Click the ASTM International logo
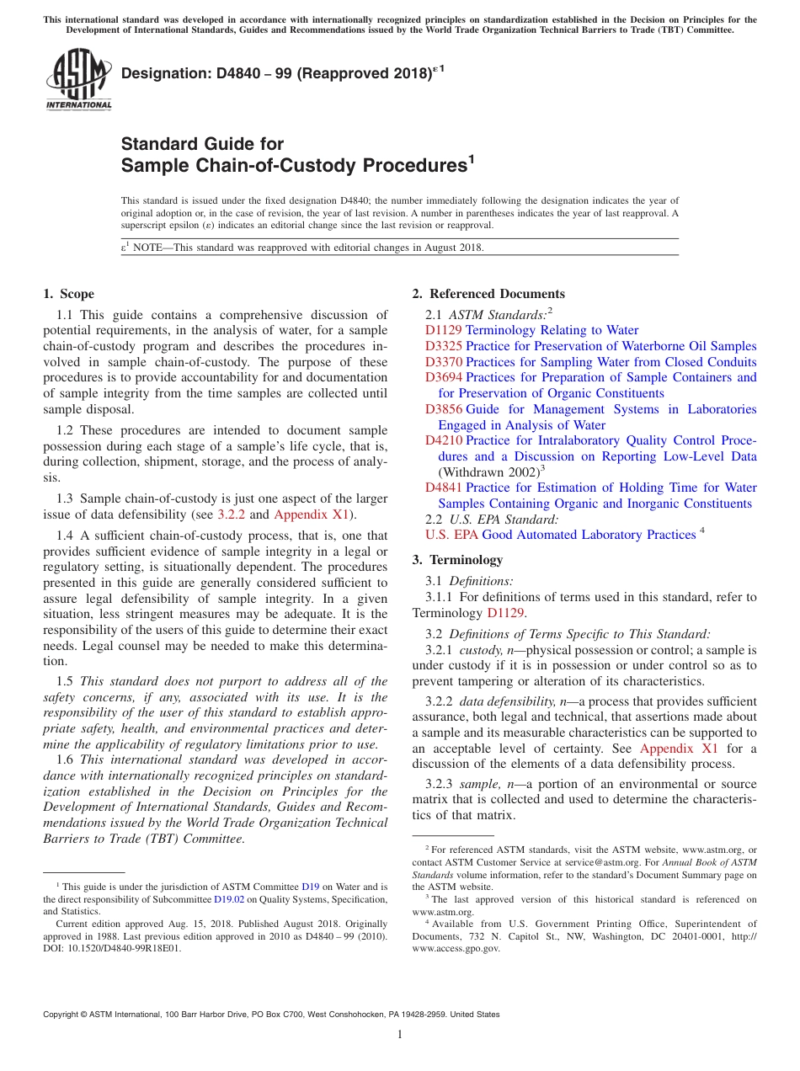pyautogui.click(x=78, y=80)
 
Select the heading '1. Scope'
pyautogui.click(x=68, y=294)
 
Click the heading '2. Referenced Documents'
pyautogui.click(x=488, y=294)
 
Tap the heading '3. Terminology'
pyautogui.click(x=457, y=560)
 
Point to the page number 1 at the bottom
pyautogui.click(x=400, y=1036)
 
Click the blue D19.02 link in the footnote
pyautogui.click(x=230, y=898)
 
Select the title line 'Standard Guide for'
pyautogui.click(x=202, y=144)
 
